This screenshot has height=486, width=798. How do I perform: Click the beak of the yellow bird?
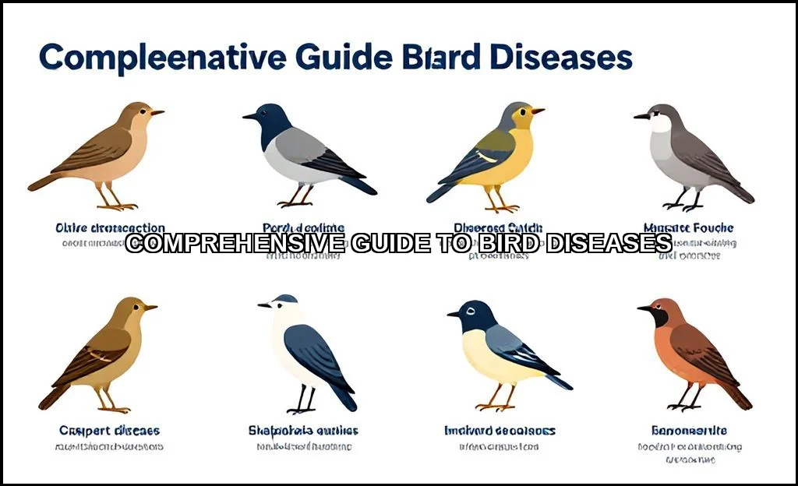538,111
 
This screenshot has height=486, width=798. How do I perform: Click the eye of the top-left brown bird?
142,111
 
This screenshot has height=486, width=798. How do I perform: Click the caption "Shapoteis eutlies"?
303,431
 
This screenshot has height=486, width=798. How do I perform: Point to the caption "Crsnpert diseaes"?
109,431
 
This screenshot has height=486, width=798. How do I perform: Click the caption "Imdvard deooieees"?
500,431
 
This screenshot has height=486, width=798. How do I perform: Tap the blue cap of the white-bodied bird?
286,298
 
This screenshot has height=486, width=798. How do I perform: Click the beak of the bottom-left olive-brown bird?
150,308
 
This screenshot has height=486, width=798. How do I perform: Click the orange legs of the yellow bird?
499,201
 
